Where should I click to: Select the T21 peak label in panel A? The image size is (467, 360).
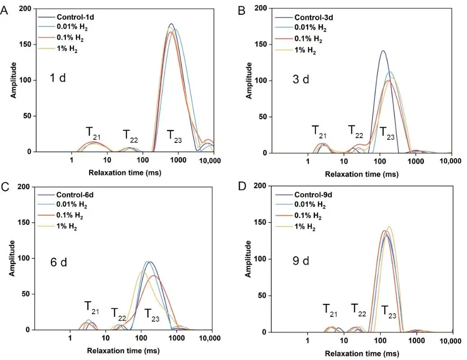(94, 133)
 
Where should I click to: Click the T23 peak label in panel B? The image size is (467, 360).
(388, 132)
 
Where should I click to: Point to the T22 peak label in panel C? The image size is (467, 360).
(119, 313)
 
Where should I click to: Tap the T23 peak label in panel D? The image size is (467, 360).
(389, 311)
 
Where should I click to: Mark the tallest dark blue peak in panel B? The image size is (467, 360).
(383, 51)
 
